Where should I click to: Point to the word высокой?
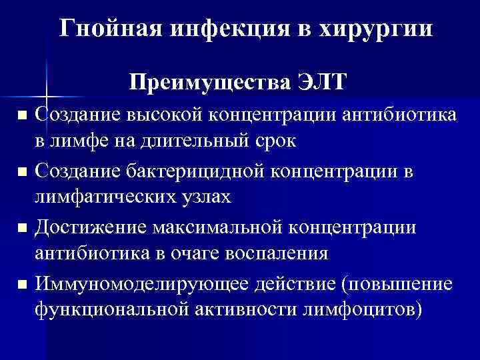(x=163, y=115)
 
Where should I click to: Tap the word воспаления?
(x=280, y=254)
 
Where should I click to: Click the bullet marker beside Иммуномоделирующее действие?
(x=23, y=285)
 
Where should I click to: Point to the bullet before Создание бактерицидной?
(x=23, y=173)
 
